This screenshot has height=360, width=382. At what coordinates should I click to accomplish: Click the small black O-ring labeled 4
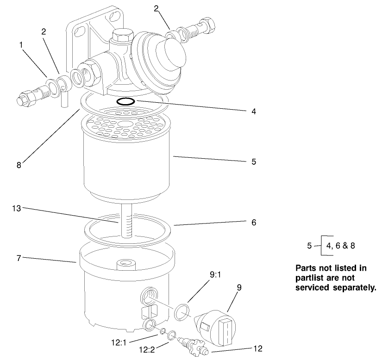tap(125, 101)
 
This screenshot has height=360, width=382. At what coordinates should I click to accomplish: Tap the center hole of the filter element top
tap(125, 124)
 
